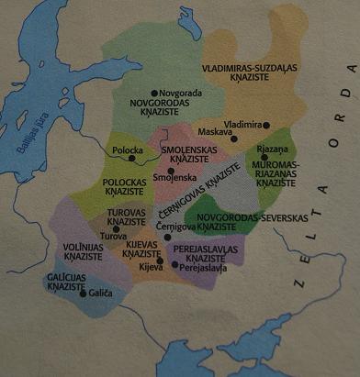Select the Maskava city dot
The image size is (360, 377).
(x=234, y=139)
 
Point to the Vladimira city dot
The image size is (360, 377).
(x=267, y=125)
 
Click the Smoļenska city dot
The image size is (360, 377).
(x=171, y=171)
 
